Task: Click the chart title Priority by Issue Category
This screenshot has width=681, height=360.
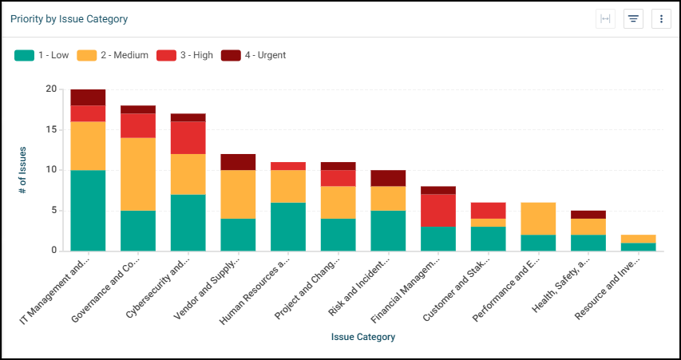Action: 69,18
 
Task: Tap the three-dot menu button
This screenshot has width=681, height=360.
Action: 661,19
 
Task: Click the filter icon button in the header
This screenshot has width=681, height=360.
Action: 633,19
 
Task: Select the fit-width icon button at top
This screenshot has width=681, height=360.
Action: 606,19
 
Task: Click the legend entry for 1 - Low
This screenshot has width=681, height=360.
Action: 43,55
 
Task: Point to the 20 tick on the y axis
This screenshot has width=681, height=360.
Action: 51,89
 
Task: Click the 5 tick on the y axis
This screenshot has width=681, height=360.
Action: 53,211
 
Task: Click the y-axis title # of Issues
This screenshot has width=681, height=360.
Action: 23,170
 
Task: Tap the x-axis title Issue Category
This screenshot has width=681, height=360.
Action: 363,337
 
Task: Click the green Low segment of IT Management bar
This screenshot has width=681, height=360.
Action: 88,210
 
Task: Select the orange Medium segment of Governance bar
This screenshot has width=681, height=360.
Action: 138,174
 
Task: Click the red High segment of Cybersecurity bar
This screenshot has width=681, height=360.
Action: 188,137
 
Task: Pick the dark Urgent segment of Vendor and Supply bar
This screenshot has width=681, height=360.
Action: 238,161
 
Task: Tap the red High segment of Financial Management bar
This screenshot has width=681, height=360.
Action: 438,210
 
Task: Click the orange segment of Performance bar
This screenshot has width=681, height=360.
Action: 539,218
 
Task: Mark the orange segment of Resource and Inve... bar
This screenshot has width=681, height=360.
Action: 639,239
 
